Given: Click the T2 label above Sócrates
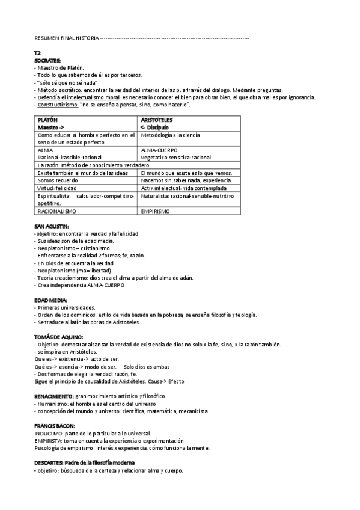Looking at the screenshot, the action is point(37,54).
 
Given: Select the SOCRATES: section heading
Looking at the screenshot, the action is point(47,60).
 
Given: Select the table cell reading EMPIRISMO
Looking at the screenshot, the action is point(155,211).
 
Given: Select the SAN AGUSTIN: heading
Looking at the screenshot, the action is point(51,226).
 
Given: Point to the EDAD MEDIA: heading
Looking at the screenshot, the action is point(50,300).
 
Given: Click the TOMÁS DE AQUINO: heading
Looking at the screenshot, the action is point(59,337).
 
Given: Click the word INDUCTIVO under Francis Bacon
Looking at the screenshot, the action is point(49,433).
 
